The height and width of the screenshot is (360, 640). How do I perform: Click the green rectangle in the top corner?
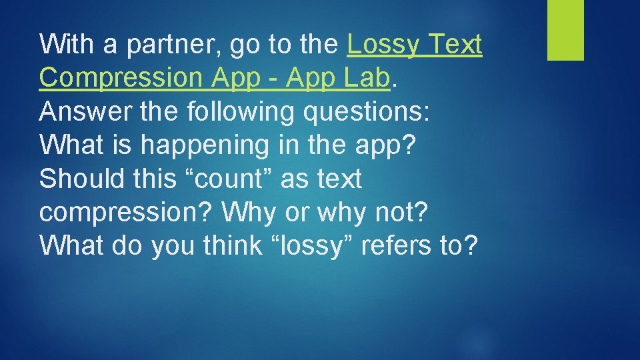565,30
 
